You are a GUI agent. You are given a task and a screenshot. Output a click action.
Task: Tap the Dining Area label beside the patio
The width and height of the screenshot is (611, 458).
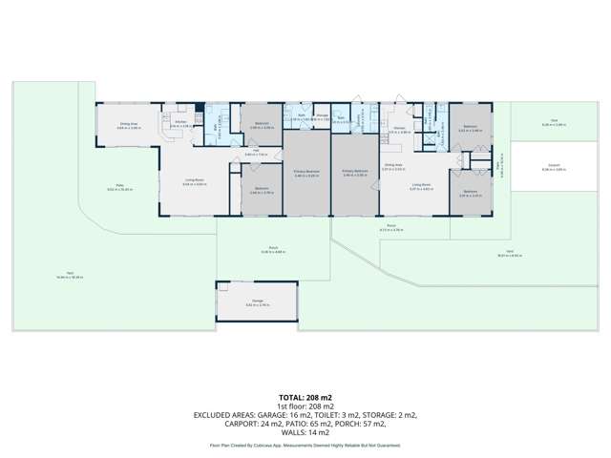(129, 124)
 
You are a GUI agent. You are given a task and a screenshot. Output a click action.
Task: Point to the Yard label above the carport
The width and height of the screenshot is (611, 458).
(547, 121)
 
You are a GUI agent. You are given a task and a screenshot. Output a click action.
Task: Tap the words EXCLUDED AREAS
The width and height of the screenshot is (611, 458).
(228, 415)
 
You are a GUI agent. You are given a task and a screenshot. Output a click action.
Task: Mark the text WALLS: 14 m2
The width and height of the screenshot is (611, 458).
(305, 434)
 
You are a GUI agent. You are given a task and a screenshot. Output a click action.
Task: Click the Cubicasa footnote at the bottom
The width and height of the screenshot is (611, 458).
(305, 446)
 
